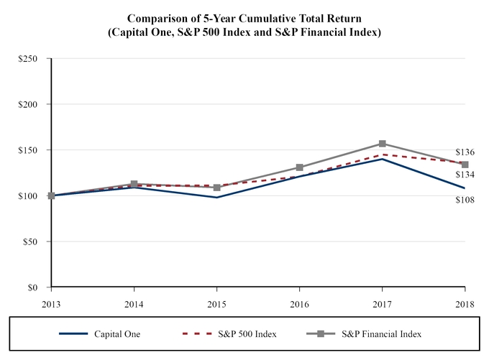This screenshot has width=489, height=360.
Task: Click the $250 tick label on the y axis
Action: [29, 58]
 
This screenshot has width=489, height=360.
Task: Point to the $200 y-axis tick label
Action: [29, 104]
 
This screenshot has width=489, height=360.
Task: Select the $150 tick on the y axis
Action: [29, 150]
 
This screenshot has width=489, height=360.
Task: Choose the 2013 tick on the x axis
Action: [51, 303]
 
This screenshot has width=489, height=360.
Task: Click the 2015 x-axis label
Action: [216, 303]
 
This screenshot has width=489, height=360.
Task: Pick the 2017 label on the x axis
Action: [382, 303]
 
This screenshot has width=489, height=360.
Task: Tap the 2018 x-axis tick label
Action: [465, 303]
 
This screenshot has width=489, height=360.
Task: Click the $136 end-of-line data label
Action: [465, 152]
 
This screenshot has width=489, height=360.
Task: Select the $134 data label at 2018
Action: [465, 175]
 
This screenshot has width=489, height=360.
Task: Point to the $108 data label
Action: [465, 199]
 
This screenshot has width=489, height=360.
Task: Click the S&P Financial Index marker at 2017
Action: [382, 144]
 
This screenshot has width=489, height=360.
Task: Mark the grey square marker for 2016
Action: [299, 167]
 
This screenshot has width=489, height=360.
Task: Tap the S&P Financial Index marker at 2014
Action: [134, 184]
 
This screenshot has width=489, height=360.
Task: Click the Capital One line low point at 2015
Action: [216, 198]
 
